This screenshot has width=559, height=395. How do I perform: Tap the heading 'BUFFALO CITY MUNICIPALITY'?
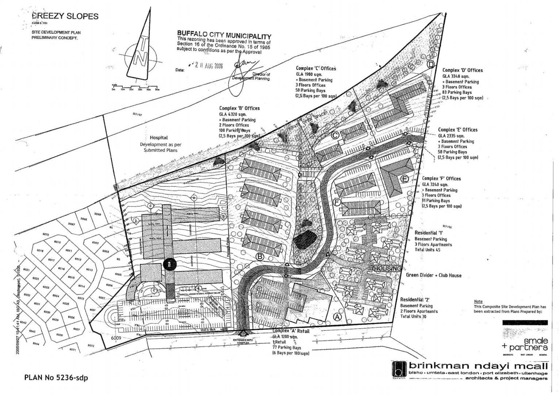coord(224,36)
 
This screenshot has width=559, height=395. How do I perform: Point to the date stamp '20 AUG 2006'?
coord(208,66)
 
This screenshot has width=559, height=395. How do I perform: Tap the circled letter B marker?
coord(260,257)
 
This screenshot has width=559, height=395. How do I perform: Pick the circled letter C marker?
coord(335,135)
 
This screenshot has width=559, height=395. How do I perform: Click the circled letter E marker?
coord(404,179)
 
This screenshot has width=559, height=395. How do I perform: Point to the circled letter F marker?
coord(337,202)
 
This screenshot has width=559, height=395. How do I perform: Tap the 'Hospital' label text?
coord(159,138)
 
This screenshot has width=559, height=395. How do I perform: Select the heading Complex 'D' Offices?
coord(462,70)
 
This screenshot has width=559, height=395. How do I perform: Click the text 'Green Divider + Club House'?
coord(433,275)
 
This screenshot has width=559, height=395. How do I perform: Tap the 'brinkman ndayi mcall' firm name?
coord(478,366)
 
